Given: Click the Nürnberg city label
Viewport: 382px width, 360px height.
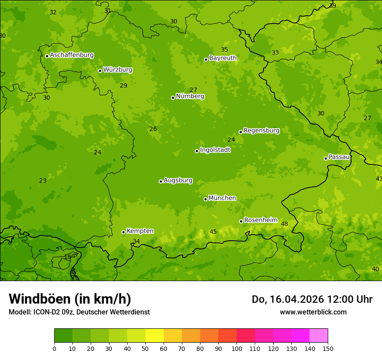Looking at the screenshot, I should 190,96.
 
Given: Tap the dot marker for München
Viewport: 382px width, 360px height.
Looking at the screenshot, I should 205,199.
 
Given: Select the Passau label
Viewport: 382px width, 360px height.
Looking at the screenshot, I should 339,157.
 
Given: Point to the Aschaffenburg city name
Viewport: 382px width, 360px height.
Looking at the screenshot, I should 72,55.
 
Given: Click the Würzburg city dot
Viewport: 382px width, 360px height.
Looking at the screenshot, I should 100,71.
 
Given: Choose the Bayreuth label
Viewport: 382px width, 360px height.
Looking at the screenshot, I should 223,58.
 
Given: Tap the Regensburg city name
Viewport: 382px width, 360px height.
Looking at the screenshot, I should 261,131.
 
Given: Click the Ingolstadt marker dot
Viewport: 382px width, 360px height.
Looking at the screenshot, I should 197,151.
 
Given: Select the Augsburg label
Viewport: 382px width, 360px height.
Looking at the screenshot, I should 178,180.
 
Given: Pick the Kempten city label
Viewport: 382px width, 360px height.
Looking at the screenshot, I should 140,231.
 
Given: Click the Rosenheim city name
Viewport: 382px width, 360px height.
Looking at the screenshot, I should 260,220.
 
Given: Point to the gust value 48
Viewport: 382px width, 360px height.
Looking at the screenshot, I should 284,224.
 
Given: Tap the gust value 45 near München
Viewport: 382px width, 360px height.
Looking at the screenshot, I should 213,232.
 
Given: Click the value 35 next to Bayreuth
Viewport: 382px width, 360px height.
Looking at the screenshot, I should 224,50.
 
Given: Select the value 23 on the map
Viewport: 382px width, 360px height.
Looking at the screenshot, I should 43,181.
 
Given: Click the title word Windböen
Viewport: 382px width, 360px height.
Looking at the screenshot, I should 39,299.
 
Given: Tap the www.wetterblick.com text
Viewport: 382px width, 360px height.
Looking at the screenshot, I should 313,312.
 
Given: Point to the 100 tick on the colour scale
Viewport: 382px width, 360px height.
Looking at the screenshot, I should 237,348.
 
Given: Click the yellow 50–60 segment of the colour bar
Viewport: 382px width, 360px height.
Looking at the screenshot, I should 155,335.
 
